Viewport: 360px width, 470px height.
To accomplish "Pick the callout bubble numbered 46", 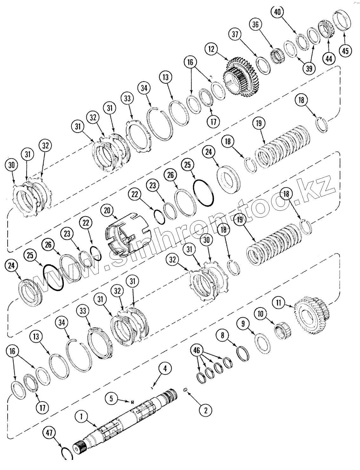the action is (197, 351).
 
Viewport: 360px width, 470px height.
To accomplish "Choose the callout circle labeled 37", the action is (235, 34).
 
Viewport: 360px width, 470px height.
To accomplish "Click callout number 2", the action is (205, 410).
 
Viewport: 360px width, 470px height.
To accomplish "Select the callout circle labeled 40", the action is (277, 12).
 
